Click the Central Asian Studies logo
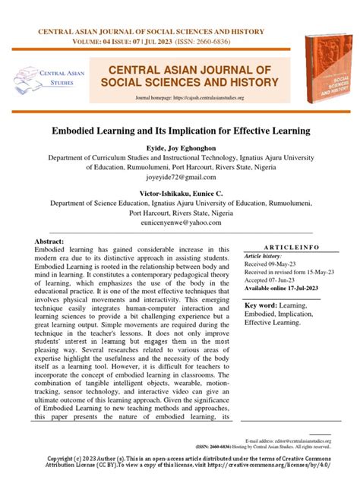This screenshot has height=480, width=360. coord(46,77)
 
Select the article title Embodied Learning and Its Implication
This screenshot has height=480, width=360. coord(179,131)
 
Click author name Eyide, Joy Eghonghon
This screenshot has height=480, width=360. coord(179,147)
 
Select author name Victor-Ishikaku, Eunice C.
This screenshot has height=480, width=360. coord(179,194)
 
